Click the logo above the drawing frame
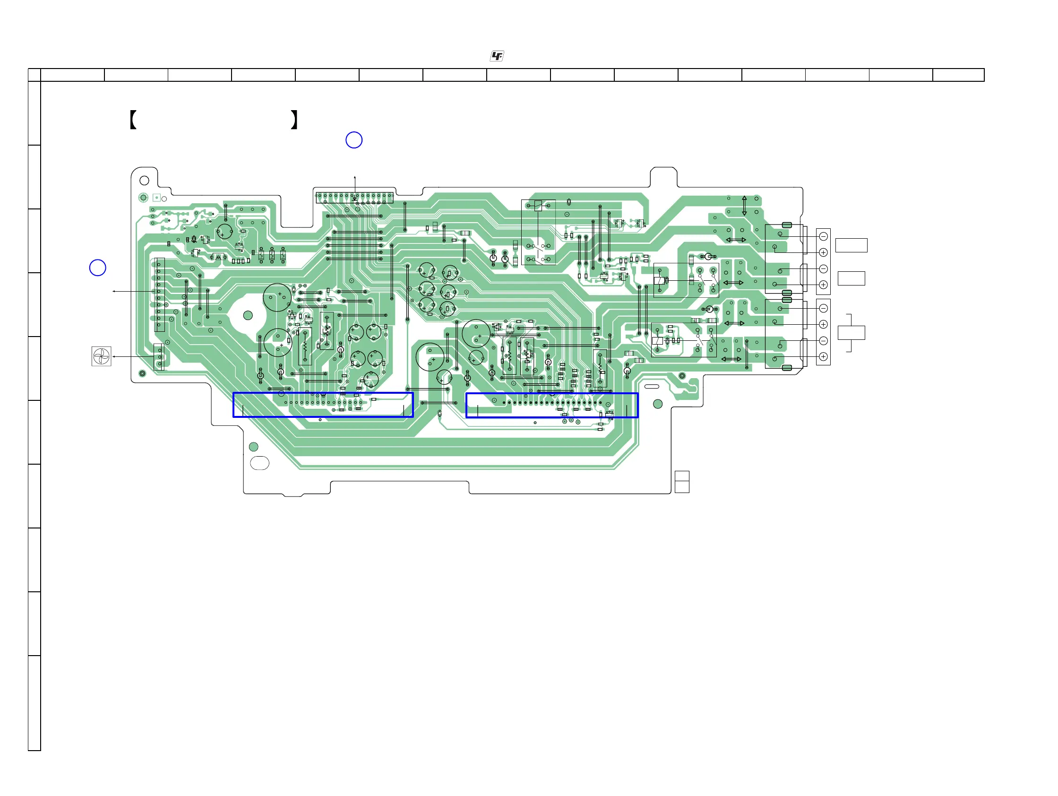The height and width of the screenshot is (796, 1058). pos(497,56)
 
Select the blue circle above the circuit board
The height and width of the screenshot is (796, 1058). pos(354,140)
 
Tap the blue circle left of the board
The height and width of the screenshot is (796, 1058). pos(97,268)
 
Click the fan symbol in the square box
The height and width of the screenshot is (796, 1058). pos(102,356)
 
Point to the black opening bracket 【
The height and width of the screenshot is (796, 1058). pos(133,120)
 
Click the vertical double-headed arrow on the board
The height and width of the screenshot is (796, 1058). pos(744,206)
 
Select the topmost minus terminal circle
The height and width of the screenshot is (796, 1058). pos(823,237)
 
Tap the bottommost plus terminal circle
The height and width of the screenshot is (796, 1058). pos(823,356)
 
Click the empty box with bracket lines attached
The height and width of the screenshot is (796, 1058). pos(852,332)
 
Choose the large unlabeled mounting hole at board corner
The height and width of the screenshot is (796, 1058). pos(144,181)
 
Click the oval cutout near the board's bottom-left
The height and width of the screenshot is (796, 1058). pos(260,463)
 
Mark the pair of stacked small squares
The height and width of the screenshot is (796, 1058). pos(682,482)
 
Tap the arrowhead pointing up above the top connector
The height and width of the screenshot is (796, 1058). pos(355,178)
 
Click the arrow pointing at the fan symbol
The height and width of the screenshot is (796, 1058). pos(115,356)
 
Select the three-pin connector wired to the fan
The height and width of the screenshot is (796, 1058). pos(159,357)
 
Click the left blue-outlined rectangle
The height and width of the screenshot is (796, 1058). pos(323,405)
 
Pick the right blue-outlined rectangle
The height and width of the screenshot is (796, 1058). pos(552,405)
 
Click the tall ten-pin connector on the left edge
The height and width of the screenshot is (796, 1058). pos(159,294)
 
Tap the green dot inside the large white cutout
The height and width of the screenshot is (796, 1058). pos(248,315)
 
